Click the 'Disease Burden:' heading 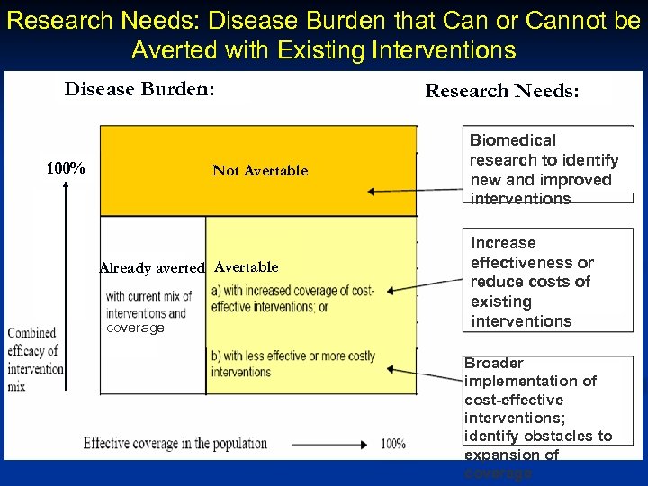pos(139,89)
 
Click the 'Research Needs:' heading pos(502,91)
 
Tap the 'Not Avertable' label pos(259,170)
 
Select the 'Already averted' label pos(152,267)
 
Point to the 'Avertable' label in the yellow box pos(247,267)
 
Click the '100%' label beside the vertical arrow pos(66,168)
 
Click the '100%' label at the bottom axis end pos(393,444)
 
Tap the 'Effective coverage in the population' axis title pos(175,443)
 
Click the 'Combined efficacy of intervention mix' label pos(34,359)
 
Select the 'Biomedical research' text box pos(547,168)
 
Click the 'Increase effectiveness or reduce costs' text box pos(547,282)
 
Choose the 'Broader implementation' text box pos(547,417)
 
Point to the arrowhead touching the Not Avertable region pos(370,192)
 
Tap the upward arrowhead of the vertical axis pos(67,186)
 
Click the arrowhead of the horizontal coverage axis pos(365,444)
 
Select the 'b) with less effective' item pos(292,364)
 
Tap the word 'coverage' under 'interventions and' pos(135,328)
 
